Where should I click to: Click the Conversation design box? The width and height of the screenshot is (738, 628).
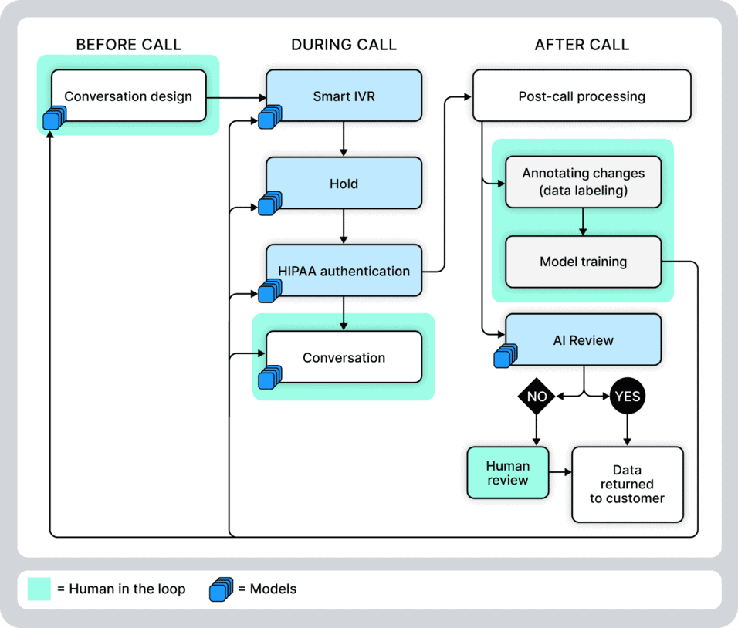pos(128,96)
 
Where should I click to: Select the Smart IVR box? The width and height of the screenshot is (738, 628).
pos(344,96)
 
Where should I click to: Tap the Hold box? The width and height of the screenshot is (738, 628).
pos(344,184)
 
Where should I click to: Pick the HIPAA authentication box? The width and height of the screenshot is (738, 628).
pos(344,271)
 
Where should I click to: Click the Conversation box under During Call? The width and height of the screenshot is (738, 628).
pos(344,357)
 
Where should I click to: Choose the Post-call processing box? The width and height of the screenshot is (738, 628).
pos(581,96)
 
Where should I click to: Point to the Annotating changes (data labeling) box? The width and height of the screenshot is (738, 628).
pos(583,181)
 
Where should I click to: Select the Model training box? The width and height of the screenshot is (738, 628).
pos(583,262)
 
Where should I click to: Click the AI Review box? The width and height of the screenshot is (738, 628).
pos(583,339)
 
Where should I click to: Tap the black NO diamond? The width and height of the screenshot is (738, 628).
pos(537,397)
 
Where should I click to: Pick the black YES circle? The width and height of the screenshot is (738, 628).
pos(627,397)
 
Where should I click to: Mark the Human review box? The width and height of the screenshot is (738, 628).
pos(507,473)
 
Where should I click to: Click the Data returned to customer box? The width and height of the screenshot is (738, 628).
pos(627,485)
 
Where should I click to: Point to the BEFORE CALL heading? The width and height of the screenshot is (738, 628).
pos(128,45)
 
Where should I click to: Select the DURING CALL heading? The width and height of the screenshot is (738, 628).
pos(344,45)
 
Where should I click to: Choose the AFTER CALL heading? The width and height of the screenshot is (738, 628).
pos(581,45)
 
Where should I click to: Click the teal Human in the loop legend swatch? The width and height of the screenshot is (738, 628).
pos(39,589)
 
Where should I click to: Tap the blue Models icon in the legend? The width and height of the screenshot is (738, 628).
pos(220,589)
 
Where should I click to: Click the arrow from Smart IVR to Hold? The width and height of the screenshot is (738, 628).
pos(344,139)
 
